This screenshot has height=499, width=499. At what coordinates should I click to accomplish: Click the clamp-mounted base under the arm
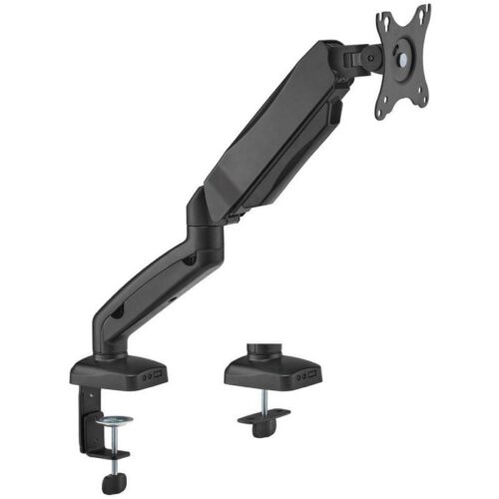coord(120,374)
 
